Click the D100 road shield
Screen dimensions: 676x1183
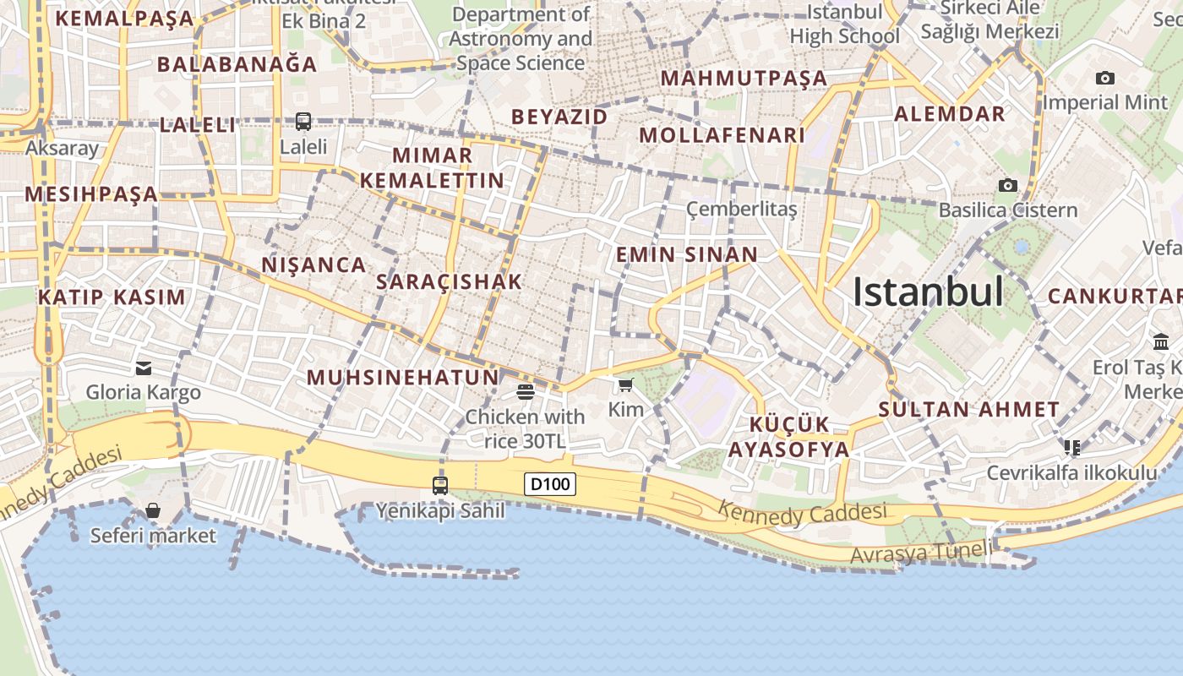[551, 484]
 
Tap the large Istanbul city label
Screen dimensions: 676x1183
[928, 292]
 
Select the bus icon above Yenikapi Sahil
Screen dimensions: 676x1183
[440, 486]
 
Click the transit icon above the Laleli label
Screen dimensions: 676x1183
[303, 122]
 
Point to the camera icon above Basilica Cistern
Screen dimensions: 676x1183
[1007, 185]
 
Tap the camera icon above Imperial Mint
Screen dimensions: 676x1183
[1104, 78]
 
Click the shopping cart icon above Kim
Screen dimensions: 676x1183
[625, 385]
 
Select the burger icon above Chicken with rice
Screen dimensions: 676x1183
[526, 391]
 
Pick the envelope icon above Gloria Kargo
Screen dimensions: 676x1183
[143, 368]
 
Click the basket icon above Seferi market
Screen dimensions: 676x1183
[153, 510]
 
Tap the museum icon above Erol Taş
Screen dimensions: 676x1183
[1160, 342]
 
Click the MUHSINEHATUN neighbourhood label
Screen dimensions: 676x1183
[403, 377]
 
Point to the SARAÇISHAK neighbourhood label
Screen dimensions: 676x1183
[449, 282]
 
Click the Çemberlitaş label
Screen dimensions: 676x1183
[741, 209]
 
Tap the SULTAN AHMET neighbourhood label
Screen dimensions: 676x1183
[968, 410]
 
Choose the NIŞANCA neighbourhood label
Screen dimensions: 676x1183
[313, 264]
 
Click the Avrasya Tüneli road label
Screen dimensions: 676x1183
[921, 553]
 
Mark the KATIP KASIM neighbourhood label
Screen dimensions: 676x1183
[111, 297]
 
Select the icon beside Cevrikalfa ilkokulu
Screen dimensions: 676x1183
[1072, 446]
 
